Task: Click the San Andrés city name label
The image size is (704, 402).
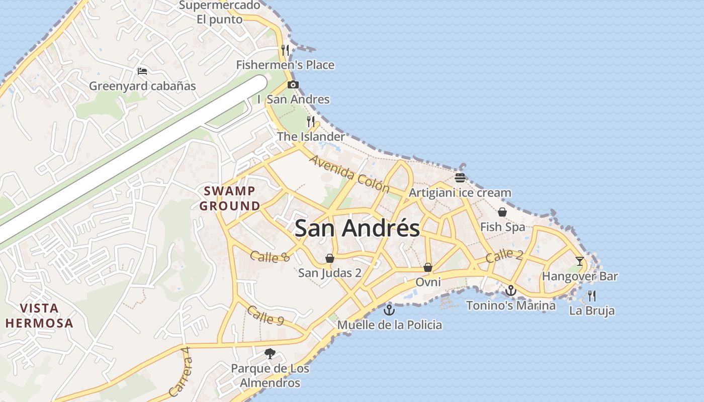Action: click(357, 228)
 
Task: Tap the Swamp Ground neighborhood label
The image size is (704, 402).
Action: click(230, 198)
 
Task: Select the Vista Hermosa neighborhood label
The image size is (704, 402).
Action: click(40, 316)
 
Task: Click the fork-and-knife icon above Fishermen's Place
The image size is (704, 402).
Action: click(285, 50)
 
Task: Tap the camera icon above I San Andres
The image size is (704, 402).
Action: click(293, 84)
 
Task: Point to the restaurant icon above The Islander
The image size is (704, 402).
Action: click(311, 121)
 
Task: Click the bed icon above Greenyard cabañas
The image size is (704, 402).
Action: click(142, 71)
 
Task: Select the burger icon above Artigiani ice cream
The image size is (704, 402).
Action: click(460, 177)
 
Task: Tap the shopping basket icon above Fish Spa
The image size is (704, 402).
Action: click(502, 212)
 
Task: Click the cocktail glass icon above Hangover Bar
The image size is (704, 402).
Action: click(580, 261)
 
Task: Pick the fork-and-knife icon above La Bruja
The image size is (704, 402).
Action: click(592, 295)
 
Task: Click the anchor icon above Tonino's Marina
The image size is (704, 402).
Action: click(511, 290)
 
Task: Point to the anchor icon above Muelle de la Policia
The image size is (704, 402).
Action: click(389, 310)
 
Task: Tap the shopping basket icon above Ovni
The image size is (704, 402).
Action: click(428, 267)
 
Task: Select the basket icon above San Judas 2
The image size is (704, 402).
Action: click(330, 258)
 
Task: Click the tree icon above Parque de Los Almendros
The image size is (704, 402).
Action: click(270, 353)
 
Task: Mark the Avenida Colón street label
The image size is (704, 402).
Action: click(349, 174)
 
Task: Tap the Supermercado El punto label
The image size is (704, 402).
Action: click(220, 13)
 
